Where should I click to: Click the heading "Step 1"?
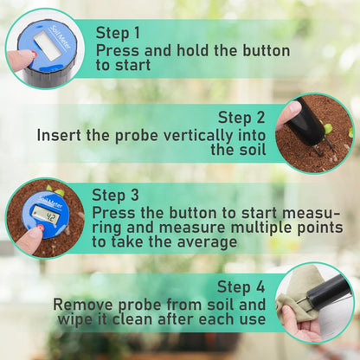coord(118,33)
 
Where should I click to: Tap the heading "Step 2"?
coord(241,118)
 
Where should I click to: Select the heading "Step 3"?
coord(115,195)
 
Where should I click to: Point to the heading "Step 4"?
coord(241,287)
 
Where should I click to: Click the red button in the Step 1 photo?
coord(33,54)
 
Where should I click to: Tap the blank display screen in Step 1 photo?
coord(48,46)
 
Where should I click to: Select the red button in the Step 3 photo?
coord(42,228)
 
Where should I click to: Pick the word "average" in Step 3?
coord(207,242)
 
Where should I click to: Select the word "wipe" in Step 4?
coord(74,320)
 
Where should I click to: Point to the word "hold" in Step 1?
coord(193,51)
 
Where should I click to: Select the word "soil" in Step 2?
coord(251,150)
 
